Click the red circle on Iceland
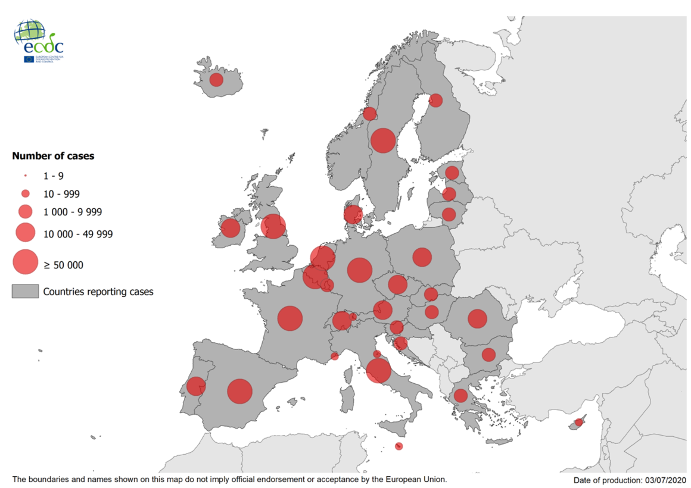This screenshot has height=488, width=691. (x=216, y=79)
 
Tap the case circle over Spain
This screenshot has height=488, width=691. (x=240, y=392)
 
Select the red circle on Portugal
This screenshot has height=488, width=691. (x=195, y=386)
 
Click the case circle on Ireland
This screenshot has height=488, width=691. (x=231, y=227)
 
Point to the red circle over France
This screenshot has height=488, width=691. (x=290, y=318)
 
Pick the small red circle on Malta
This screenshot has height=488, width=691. (x=399, y=446)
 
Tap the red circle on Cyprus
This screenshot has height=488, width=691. (x=578, y=423)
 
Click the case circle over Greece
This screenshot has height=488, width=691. (x=460, y=396)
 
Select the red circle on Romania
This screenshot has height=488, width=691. (x=477, y=318)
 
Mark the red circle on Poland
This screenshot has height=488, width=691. (x=422, y=257)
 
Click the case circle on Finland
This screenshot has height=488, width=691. (x=435, y=100)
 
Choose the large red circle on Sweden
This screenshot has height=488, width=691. (x=383, y=140)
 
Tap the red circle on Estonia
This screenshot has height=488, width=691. (x=452, y=173)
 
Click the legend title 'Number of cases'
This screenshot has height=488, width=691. (x=53, y=156)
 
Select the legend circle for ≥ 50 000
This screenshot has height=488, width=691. (x=25, y=262)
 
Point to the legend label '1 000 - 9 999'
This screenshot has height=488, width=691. (x=73, y=212)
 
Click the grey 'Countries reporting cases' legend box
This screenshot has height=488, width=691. (x=25, y=292)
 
